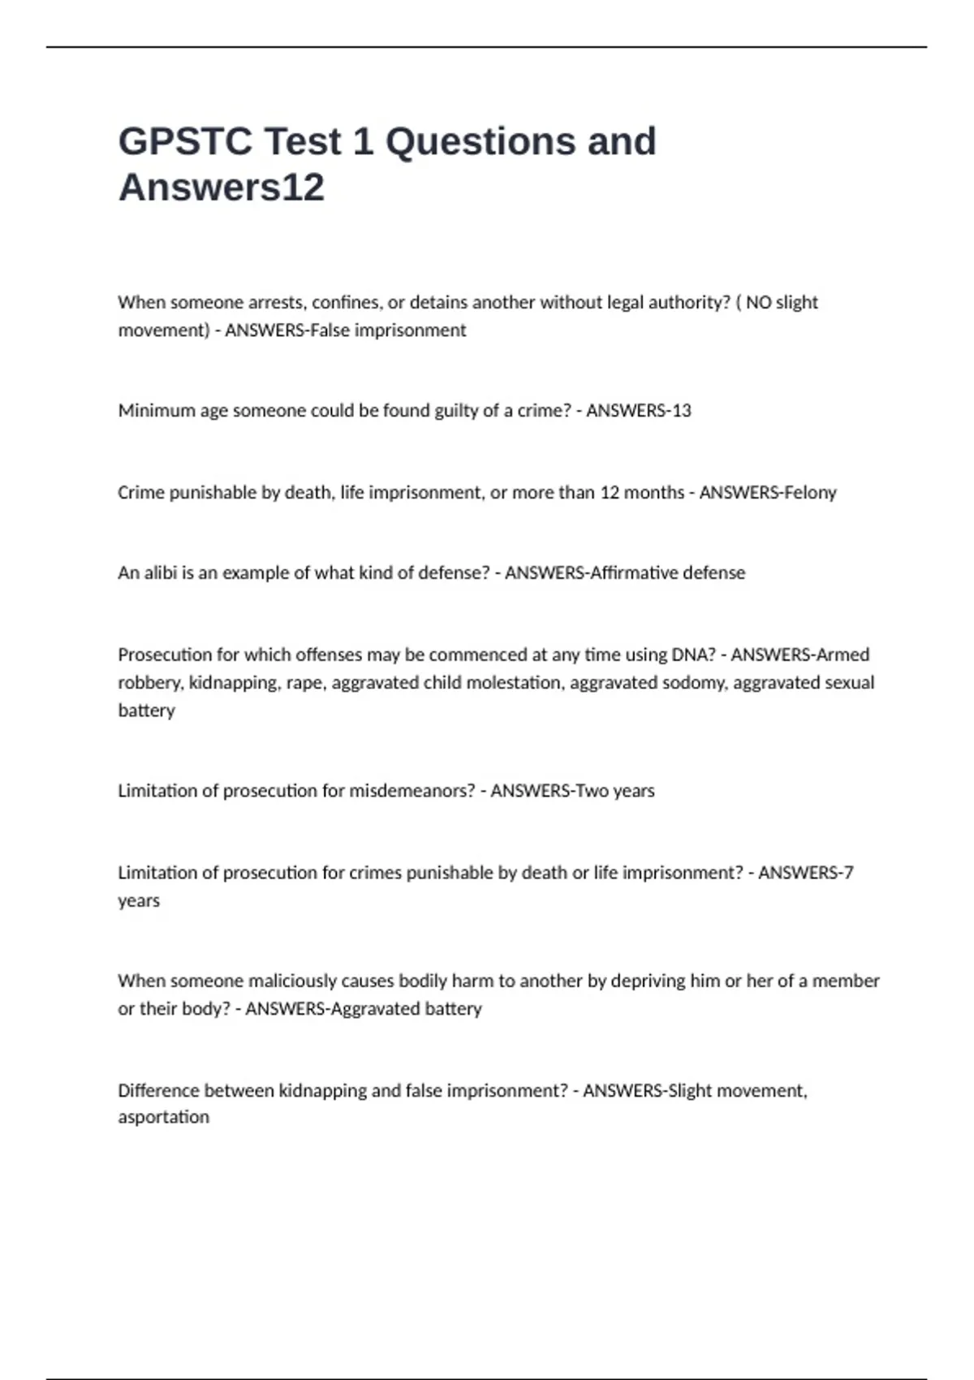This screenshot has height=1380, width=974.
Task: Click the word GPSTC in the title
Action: (185, 141)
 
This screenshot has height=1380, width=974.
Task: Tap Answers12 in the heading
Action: (222, 188)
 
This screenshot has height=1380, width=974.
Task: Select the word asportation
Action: (163, 1118)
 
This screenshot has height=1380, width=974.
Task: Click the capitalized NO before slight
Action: (758, 303)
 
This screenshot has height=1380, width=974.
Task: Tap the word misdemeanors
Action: (412, 791)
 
